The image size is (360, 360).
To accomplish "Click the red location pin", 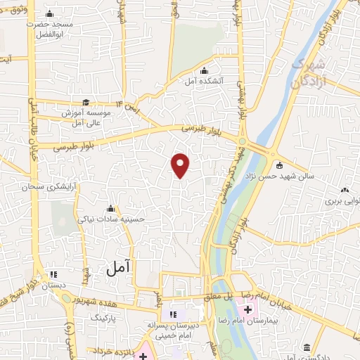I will click(x=181, y=165).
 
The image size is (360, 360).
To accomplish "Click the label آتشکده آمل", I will click(x=204, y=82).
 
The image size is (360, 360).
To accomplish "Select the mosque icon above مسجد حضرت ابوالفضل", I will click(x=49, y=14).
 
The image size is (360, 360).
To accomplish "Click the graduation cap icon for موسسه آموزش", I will click(x=85, y=103).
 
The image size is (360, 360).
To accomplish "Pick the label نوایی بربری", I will click(x=342, y=200).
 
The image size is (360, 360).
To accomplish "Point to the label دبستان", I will click(x=53, y=286).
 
